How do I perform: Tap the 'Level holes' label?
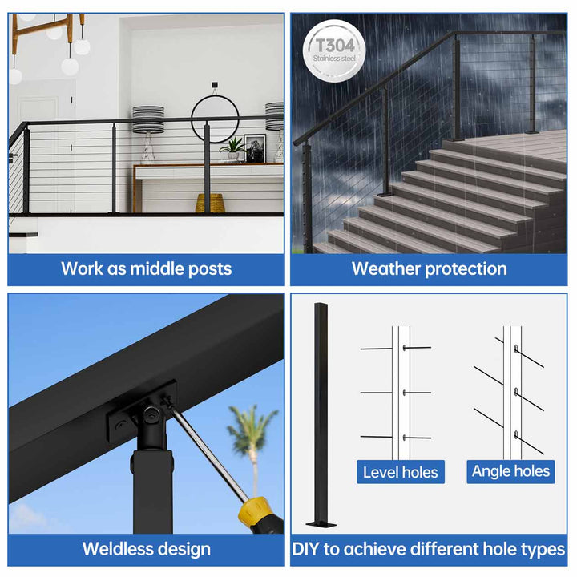[x=401, y=472]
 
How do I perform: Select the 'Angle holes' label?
[x=510, y=471]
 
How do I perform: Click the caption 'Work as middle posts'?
[x=146, y=268]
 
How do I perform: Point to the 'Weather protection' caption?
[x=429, y=268]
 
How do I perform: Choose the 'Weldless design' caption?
[x=146, y=549]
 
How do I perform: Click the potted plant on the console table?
[x=233, y=148]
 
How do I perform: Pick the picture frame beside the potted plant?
[x=255, y=149]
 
